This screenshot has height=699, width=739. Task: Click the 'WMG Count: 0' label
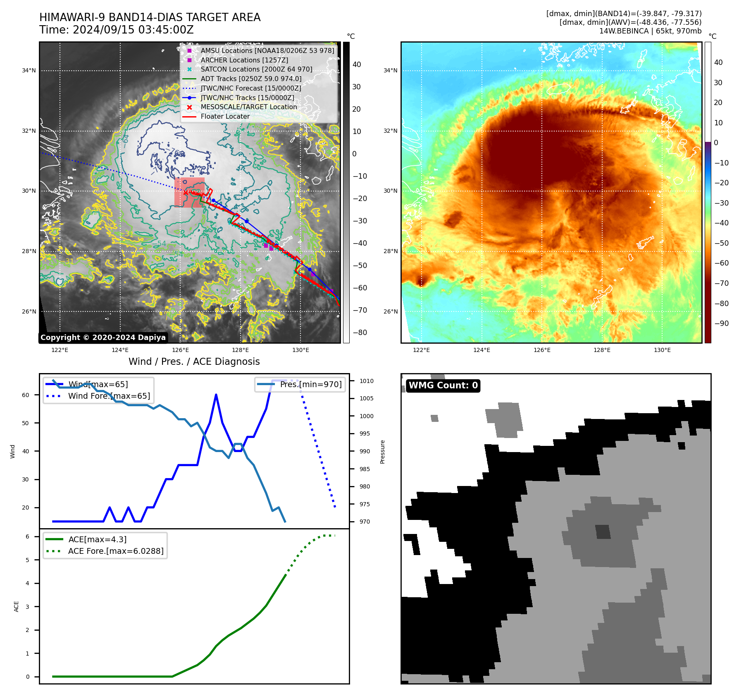(443, 385)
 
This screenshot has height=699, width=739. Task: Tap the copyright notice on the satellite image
(103, 338)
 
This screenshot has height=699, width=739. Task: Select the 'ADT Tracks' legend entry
(251, 79)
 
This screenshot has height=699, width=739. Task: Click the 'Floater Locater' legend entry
(225, 116)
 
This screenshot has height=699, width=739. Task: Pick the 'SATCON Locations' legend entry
(256, 69)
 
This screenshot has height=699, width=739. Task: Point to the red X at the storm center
(186, 192)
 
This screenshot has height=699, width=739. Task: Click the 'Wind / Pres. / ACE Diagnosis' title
(194, 361)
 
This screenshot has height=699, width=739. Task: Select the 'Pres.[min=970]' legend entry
(311, 384)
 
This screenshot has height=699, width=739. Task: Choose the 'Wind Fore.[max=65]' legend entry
(109, 396)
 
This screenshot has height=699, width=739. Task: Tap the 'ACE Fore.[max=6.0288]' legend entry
(116, 551)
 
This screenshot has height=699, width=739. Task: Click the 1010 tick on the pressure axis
(366, 381)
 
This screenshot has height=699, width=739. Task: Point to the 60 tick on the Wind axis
(26, 395)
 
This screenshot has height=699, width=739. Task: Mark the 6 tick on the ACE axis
(27, 536)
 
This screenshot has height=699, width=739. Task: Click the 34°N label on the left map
(29, 71)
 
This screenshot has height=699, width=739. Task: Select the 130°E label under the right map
(662, 350)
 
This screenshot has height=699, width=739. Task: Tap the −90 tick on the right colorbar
(722, 323)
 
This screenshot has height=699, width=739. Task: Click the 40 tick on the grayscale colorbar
(357, 65)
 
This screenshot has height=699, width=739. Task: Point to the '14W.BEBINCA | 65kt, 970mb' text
(650, 31)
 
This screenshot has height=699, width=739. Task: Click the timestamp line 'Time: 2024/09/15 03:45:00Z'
(117, 30)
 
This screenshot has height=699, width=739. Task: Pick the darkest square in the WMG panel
(603, 531)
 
